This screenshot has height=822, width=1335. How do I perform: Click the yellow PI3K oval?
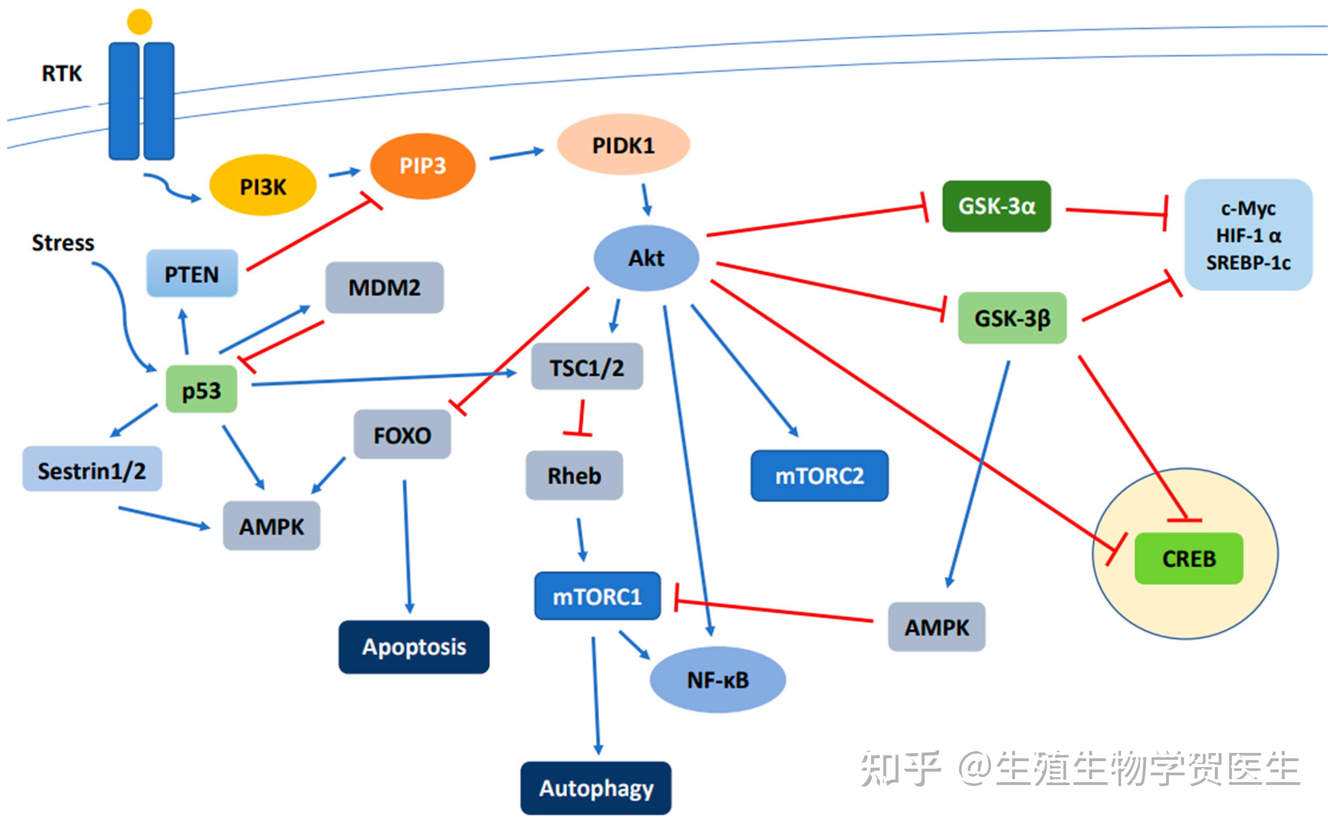click(263, 186)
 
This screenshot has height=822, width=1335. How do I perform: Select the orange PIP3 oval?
click(422, 166)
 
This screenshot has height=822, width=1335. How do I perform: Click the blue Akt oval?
click(646, 258)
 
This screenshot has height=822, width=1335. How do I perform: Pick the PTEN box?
click(192, 273)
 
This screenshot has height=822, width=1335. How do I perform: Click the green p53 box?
click(201, 389)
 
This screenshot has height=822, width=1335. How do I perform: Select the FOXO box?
click(402, 434)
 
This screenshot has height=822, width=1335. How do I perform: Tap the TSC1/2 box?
click(587, 367)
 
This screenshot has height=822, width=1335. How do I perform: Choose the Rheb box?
click(574, 475)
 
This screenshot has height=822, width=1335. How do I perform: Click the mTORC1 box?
click(597, 596)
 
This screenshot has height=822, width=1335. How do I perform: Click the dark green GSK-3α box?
click(996, 206)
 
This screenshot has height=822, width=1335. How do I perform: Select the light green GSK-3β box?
click(1012, 318)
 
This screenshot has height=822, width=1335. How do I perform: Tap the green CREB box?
click(1189, 558)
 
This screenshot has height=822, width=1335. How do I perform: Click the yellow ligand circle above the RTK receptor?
click(140, 22)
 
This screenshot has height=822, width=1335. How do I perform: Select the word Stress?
click(63, 243)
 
